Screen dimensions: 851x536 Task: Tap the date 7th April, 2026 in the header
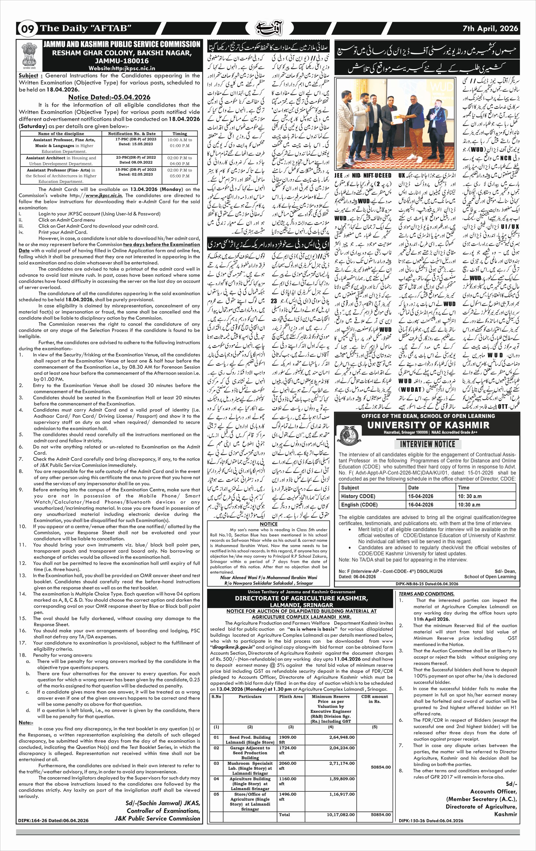[x=490, y=29]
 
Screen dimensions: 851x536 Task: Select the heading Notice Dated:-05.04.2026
[x=109, y=97]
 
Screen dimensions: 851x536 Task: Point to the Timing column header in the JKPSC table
[x=180, y=133]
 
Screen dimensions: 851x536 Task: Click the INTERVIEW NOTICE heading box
[x=427, y=444]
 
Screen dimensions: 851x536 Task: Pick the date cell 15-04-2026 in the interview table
[x=420, y=496]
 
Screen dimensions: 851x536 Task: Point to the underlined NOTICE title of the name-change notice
[x=269, y=524]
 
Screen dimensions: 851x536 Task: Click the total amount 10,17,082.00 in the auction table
[x=341, y=815]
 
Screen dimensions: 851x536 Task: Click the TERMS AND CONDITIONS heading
[x=426, y=594]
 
